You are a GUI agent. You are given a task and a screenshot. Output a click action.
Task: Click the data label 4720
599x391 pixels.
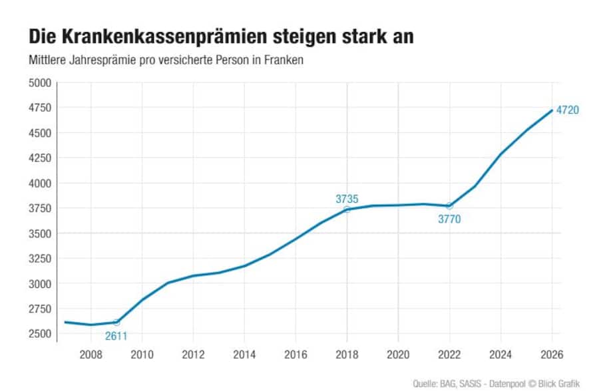tap(568, 110)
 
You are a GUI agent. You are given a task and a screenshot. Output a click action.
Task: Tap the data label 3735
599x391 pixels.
tap(347, 198)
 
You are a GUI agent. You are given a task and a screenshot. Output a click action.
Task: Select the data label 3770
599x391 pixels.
tap(449, 219)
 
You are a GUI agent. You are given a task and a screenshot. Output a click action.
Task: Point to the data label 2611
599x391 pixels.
tap(116, 335)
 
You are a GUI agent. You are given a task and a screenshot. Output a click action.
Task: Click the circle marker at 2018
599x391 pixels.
tap(347, 209)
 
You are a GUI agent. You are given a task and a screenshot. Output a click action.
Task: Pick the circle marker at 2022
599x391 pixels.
tap(449, 206)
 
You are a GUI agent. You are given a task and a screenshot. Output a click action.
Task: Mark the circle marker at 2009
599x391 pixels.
tap(116, 323)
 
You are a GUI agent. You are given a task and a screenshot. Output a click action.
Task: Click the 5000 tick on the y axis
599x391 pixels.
tap(39, 82)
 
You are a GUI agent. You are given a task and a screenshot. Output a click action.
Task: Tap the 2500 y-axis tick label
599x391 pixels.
tap(39, 333)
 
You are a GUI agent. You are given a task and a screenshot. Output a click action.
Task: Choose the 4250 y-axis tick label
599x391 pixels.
tap(39, 158)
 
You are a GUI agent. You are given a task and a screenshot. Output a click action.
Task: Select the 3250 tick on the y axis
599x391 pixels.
tap(39, 258)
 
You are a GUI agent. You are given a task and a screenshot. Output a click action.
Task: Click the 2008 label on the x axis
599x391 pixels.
tap(91, 354)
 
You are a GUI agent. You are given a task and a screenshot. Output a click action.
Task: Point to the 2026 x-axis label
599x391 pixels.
tap(551, 354)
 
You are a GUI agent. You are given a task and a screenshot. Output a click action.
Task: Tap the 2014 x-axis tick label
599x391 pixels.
tap(244, 354)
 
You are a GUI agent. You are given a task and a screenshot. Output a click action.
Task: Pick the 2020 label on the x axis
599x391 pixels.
tap(398, 354)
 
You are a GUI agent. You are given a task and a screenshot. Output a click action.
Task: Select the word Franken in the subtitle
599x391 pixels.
tap(286, 61)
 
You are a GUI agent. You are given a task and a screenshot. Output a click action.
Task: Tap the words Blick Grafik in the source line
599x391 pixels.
tap(560, 384)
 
